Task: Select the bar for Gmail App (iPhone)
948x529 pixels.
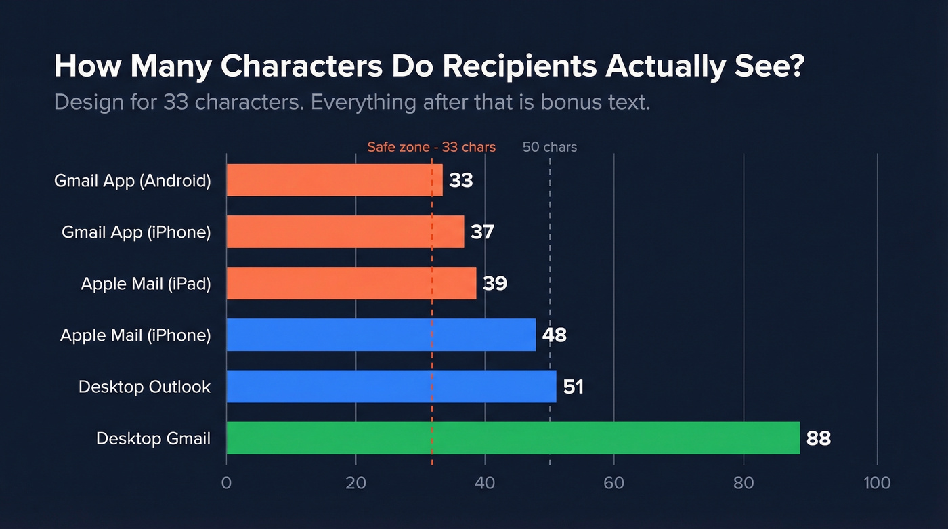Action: coord(345,232)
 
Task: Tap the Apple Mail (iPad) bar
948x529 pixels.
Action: coord(351,283)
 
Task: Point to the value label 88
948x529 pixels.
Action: coord(818,439)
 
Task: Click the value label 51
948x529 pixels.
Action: coord(573,387)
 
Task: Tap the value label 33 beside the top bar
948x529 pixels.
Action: coord(460,181)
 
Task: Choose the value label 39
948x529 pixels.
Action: coord(494,284)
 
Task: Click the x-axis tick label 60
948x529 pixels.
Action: coord(614,483)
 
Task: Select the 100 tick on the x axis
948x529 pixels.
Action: coord(877,483)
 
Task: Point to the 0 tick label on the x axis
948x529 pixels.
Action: coord(226,483)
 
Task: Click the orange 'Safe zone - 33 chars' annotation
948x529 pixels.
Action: coord(431,147)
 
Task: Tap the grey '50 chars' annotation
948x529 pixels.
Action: coord(550,147)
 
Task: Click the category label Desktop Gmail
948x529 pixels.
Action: coord(153,439)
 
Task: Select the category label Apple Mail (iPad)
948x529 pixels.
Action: coord(146,284)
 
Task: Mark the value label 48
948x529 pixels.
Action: coord(554,335)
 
